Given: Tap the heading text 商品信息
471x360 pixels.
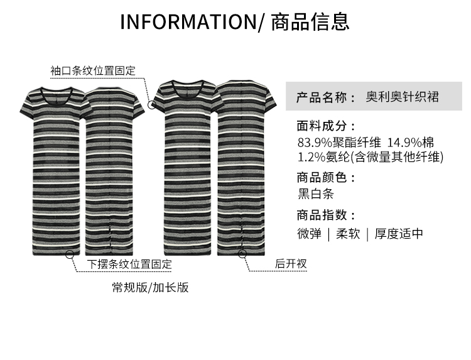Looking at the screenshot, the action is [310, 22].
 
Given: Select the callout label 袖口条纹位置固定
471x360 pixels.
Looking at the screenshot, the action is [93, 71].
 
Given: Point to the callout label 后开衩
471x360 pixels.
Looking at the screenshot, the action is [291, 264].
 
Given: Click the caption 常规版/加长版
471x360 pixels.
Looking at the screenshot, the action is [150, 288].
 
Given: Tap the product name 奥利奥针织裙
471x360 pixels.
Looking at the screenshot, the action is [402, 97].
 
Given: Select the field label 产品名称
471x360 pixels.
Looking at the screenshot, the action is [322, 97].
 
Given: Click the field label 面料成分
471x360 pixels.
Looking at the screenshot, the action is [326, 126].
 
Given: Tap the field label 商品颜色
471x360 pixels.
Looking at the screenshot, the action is [326, 178].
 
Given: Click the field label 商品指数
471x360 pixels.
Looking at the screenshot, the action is [326, 215].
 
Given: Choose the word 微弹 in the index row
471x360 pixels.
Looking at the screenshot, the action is [309, 234].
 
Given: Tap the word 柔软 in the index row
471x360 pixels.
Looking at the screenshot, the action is [348, 234].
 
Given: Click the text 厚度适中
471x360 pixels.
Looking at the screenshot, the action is [399, 234].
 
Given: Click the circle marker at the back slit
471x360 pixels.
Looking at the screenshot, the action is [242, 254].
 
